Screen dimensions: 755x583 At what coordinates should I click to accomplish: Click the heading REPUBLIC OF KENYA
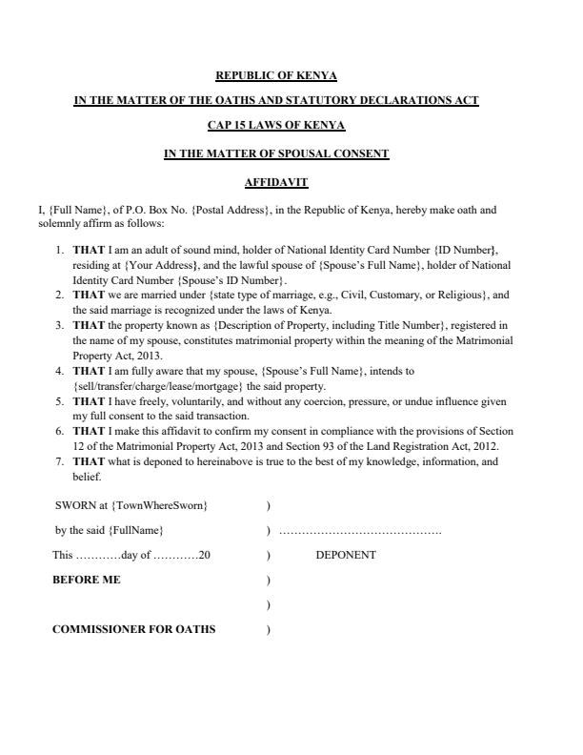276,75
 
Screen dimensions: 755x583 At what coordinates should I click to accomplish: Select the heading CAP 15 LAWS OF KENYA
276,126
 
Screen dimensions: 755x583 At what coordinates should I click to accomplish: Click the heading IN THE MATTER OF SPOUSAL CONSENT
276,153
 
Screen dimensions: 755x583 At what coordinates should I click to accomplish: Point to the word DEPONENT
345,555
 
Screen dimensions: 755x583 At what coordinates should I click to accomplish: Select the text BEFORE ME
86,580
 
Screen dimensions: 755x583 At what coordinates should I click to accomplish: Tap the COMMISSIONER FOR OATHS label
133,629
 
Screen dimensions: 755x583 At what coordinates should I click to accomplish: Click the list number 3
59,325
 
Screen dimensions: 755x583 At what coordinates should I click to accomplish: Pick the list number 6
59,432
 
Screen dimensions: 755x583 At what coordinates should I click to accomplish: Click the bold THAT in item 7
89,462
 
